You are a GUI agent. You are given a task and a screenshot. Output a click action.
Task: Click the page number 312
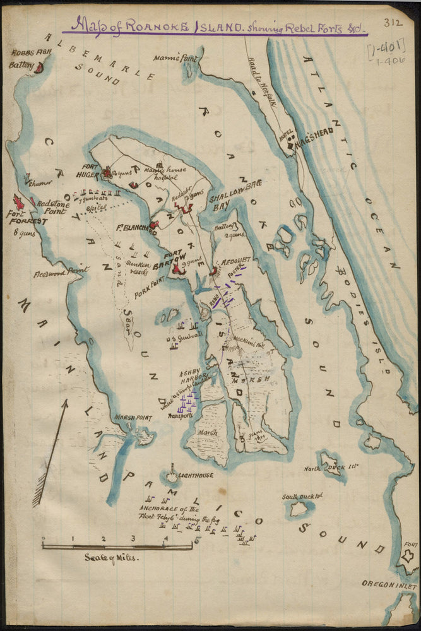pyautogui.click(x=392, y=23)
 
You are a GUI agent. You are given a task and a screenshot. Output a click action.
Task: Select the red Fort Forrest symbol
pyautogui.click(x=19, y=202)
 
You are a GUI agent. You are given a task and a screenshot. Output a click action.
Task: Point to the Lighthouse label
pyautogui.click(x=195, y=475)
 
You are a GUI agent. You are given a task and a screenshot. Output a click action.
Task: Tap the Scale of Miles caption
pyautogui.click(x=111, y=558)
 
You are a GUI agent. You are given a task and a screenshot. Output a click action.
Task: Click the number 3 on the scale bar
pyautogui.click(x=133, y=538)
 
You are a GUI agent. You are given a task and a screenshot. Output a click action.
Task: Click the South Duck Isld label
pyautogui.click(x=302, y=496)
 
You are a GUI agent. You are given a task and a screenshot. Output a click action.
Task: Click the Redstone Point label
pyautogui.click(x=51, y=208)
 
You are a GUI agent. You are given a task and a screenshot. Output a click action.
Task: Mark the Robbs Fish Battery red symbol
pyautogui.click(x=39, y=68)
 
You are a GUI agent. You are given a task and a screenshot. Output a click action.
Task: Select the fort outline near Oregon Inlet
pyautogui.click(x=408, y=557)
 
